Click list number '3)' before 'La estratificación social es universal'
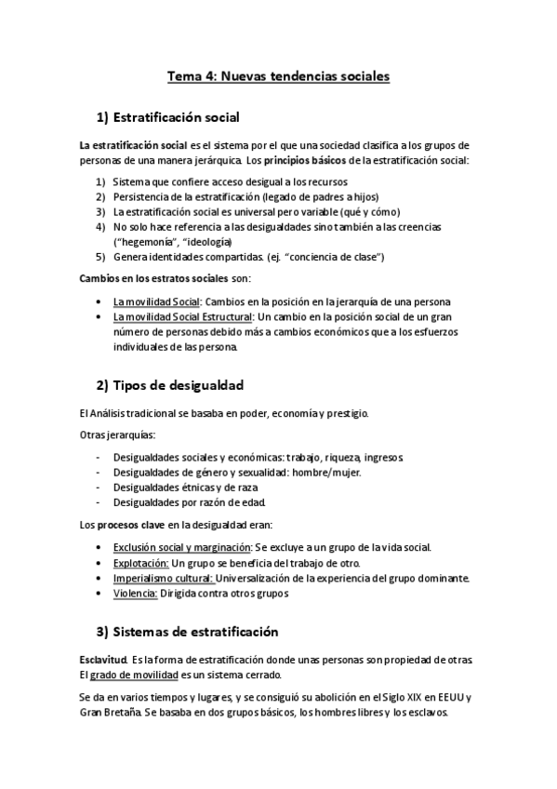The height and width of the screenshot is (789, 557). click(x=100, y=211)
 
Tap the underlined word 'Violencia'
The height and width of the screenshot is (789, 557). click(x=134, y=593)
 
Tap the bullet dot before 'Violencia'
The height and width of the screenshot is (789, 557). click(x=99, y=593)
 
